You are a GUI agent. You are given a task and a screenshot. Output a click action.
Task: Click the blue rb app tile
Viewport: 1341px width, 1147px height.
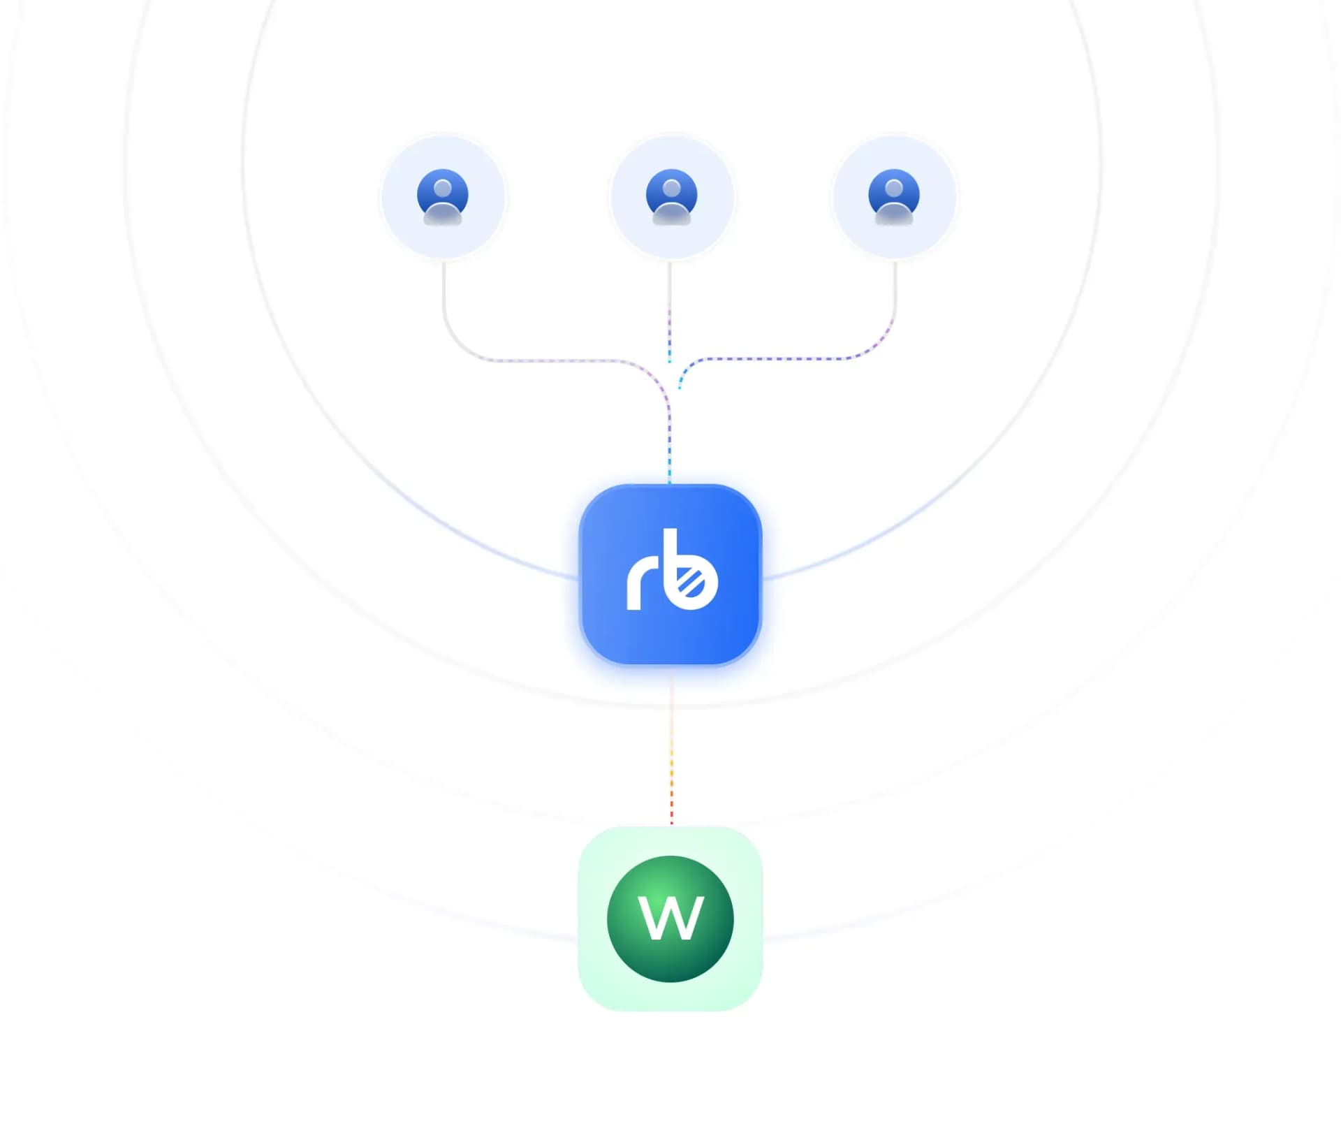pos(670,574)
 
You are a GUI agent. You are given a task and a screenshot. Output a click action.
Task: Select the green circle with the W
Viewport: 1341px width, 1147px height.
pos(670,919)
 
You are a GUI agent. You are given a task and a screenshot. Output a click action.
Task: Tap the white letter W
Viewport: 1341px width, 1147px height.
pos(670,918)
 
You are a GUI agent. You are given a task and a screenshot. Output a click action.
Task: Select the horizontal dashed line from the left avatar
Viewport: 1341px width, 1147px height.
pos(552,360)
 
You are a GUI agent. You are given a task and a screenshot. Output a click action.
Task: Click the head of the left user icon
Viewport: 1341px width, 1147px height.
pos(443,188)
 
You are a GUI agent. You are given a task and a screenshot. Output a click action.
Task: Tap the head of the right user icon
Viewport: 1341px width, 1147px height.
pos(894,188)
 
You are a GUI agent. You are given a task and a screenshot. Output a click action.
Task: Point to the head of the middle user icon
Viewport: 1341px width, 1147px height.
pos(671,188)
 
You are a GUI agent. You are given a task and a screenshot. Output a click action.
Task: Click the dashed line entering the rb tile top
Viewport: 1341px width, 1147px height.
pos(669,447)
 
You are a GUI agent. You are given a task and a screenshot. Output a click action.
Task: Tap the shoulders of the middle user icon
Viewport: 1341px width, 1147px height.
pos(671,213)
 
